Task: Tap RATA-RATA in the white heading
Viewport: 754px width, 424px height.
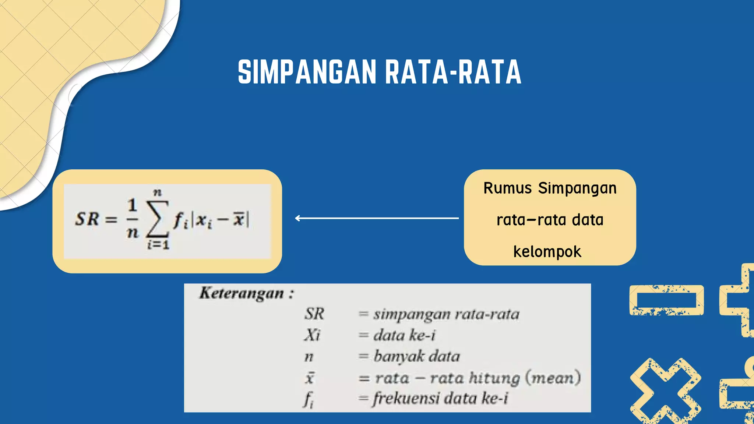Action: [453, 72]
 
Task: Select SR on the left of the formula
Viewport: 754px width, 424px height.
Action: [87, 219]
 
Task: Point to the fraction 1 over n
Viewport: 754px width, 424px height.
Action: [132, 219]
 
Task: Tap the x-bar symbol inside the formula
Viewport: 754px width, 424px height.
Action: [239, 219]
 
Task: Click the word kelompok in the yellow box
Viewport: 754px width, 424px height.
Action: [547, 252]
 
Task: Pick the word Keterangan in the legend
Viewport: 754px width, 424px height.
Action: [242, 293]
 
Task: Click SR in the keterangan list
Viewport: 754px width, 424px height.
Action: [314, 314]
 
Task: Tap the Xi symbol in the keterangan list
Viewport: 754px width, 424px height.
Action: [312, 335]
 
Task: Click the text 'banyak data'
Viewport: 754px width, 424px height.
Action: [417, 356]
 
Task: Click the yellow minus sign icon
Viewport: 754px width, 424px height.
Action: [666, 300]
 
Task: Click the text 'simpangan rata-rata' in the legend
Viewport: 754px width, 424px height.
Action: [446, 314]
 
